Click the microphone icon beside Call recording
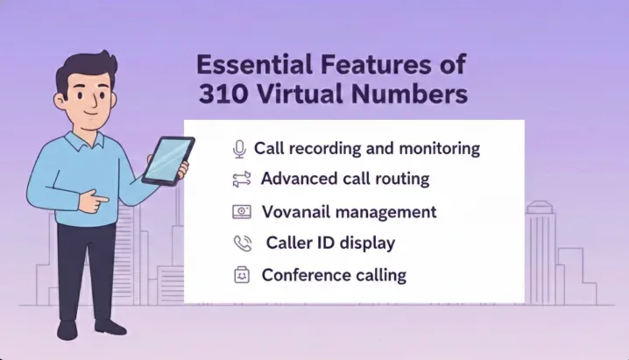239,149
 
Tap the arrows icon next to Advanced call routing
241,180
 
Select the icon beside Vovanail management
241,212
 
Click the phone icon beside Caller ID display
241,243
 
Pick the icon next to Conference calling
241,275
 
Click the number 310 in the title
220,95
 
